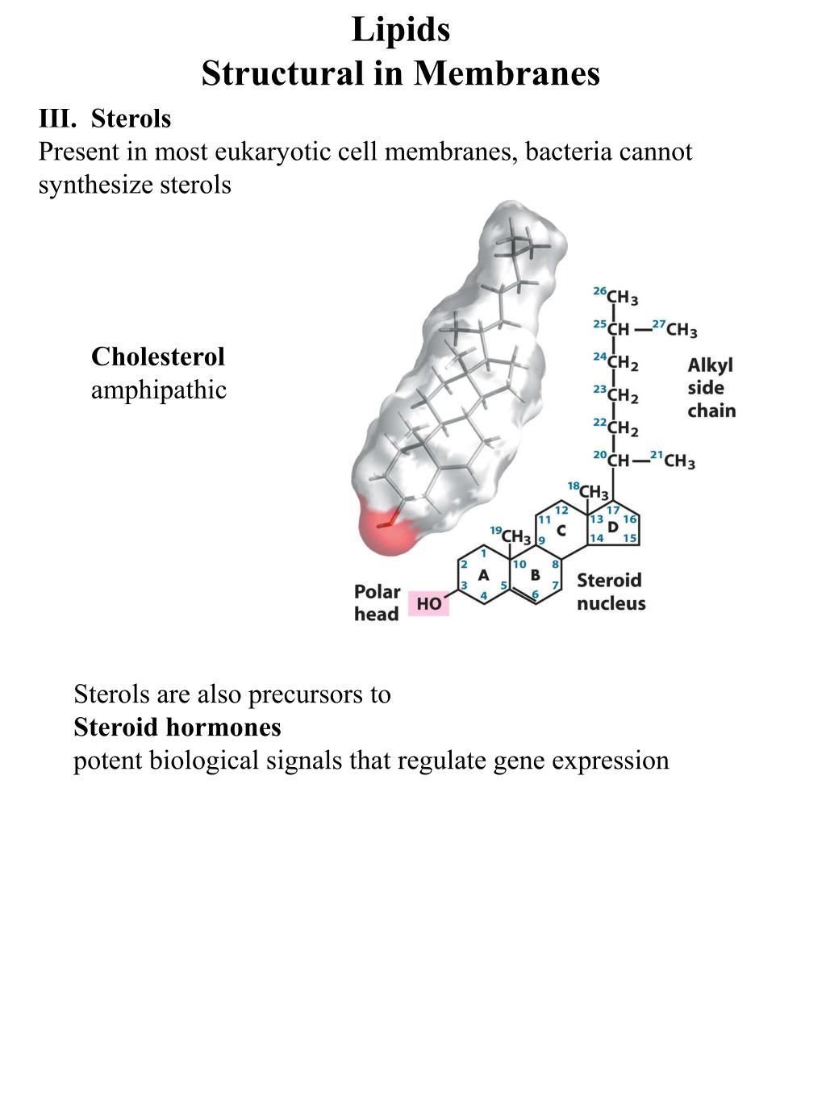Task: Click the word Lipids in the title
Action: [401, 31]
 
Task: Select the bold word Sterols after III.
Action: [131, 119]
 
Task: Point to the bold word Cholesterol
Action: [157, 357]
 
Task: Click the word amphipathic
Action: [159, 390]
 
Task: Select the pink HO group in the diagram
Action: [428, 603]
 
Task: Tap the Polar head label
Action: [377, 603]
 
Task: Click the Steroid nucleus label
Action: [611, 591]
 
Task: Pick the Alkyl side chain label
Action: [711, 388]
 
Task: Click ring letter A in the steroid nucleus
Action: [483, 575]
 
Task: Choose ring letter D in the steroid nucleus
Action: [612, 527]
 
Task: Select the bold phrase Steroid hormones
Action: [177, 728]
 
